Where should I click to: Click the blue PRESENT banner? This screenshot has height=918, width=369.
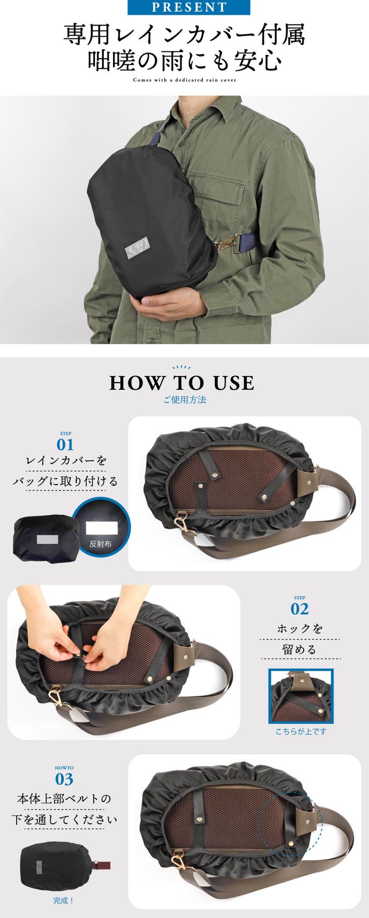click(189, 7)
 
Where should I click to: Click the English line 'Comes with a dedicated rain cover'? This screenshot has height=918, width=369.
click(184, 80)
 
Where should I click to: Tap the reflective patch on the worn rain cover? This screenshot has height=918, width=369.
click(137, 246)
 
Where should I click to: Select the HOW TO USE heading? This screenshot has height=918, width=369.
click(182, 383)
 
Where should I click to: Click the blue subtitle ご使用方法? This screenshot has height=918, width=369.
click(184, 400)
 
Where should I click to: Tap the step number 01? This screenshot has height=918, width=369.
click(65, 445)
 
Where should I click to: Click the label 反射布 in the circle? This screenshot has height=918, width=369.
click(101, 544)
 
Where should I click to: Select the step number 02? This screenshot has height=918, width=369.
click(300, 609)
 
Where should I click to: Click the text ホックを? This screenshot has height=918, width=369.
click(300, 629)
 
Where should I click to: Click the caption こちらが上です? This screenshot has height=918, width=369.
click(301, 731)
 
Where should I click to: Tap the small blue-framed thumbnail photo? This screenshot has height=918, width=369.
click(301, 696)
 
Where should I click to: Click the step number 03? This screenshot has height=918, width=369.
click(64, 779)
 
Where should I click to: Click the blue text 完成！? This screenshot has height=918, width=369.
click(64, 901)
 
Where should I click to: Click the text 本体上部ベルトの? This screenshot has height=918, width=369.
click(64, 799)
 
